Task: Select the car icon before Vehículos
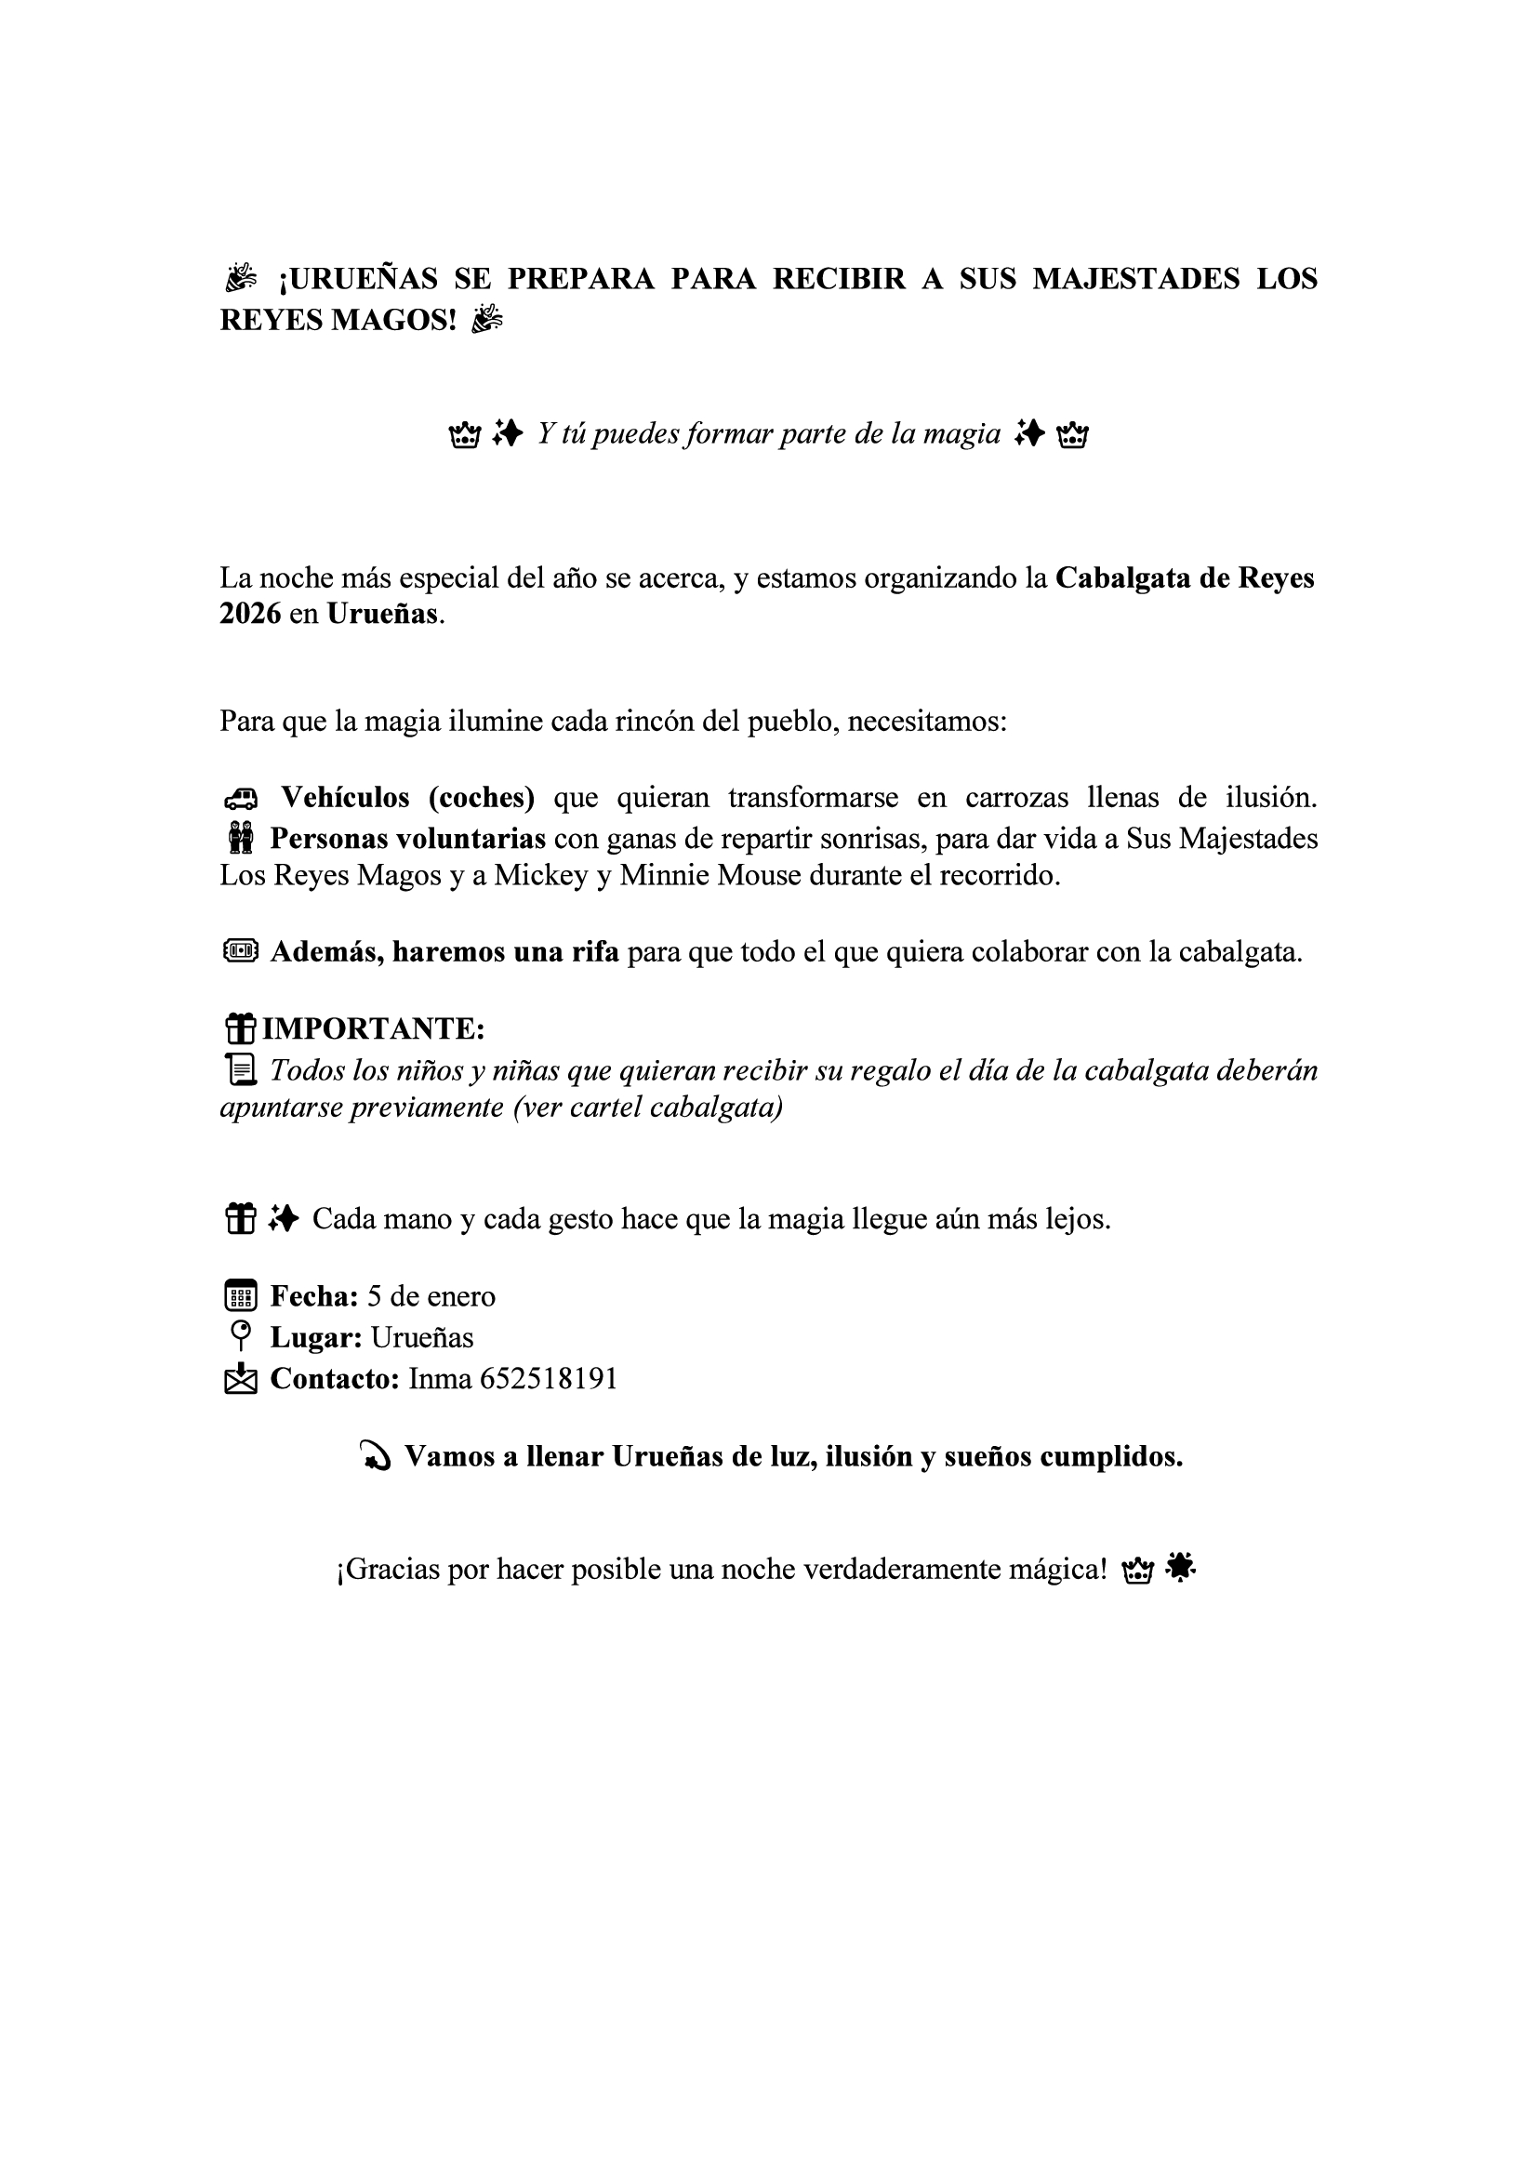click(241, 799)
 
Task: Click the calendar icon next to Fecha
click(241, 1297)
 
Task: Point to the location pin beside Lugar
click(241, 1336)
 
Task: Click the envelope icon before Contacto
click(241, 1379)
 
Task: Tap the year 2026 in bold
click(250, 614)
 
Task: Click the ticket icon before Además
click(241, 951)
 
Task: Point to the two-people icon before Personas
click(241, 839)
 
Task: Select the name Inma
click(441, 1378)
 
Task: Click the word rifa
click(595, 952)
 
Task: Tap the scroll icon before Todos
click(241, 1070)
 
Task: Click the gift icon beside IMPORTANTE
click(241, 1028)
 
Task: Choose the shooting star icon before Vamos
click(376, 1457)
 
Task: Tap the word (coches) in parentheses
click(481, 798)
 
